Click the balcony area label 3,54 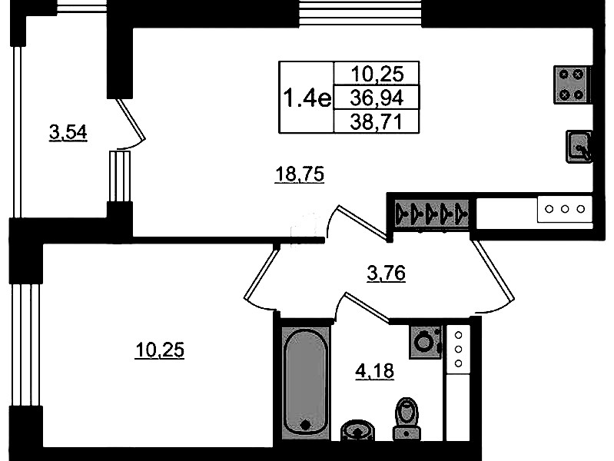[x=68, y=132]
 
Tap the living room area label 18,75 [x=300, y=174]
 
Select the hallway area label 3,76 [x=386, y=273]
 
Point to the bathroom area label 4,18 [x=374, y=370]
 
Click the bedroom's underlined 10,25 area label [x=159, y=350]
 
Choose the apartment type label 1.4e [x=307, y=98]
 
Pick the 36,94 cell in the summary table [x=377, y=98]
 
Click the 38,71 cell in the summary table [x=377, y=122]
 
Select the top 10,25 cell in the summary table [x=377, y=74]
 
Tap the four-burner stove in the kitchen [x=572, y=85]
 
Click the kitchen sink [x=579, y=147]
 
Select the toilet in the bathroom [x=407, y=418]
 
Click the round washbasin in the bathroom [x=357, y=430]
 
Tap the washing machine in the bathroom [x=426, y=342]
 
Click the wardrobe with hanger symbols [x=432, y=214]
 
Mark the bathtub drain [x=305, y=424]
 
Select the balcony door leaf [x=131, y=119]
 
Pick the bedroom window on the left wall [x=26, y=345]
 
